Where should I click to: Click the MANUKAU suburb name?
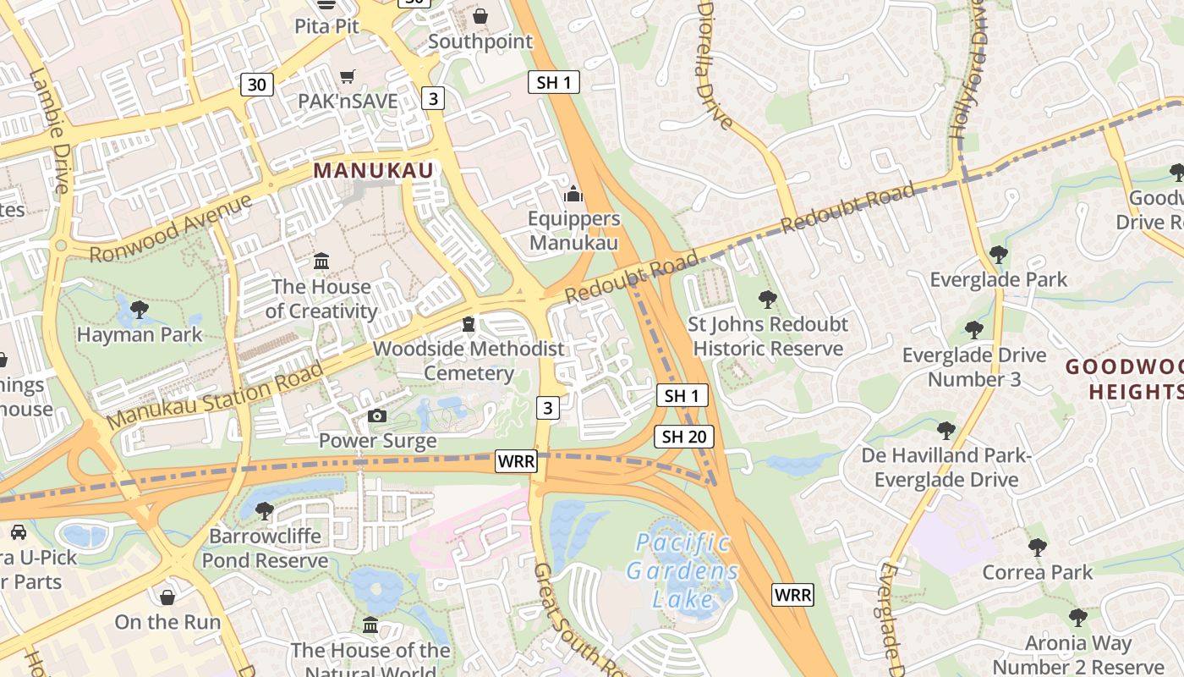tap(373, 170)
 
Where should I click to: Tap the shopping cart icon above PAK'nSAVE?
tap(347, 77)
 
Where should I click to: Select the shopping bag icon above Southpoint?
tap(480, 16)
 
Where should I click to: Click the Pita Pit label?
tap(326, 25)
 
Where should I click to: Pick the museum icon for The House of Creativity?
tap(321, 261)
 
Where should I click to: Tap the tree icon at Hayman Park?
tap(140, 310)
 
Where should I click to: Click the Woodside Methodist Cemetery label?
tap(469, 361)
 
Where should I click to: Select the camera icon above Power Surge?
tap(377, 416)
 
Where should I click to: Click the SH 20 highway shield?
tap(684, 437)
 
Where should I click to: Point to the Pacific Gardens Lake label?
tap(682, 570)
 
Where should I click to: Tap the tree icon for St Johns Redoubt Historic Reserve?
tap(768, 299)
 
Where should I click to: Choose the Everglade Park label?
tap(998, 279)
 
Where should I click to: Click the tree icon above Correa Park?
tap(1038, 548)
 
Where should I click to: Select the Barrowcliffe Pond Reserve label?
tap(265, 548)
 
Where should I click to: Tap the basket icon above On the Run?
tap(167, 597)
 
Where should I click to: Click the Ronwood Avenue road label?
tap(171, 228)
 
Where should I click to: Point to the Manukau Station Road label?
tap(216, 394)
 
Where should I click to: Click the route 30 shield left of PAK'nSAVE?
tap(257, 84)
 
